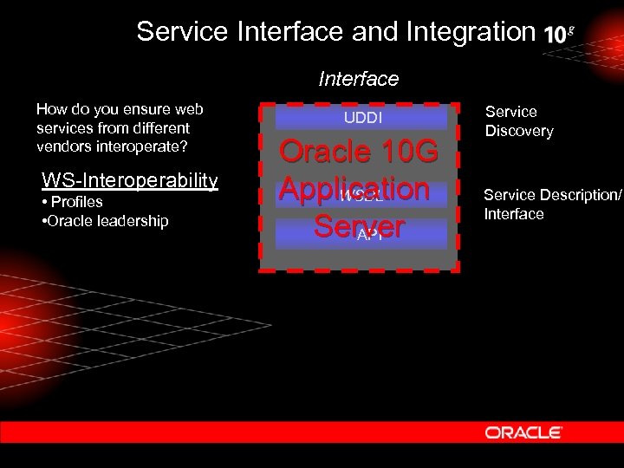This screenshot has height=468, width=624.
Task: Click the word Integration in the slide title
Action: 465,32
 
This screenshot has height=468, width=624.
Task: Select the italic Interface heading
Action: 359,79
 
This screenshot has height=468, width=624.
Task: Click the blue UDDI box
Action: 361,117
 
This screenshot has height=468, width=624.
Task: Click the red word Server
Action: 359,226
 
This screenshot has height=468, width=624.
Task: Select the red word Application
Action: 354,189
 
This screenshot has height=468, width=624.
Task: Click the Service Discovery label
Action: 518,121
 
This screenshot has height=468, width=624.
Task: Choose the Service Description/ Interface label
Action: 552,205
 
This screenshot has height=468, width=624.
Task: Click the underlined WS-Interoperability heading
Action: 130,180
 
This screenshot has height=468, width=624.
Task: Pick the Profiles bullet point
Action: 73,202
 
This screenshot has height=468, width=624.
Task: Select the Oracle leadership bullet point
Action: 105,221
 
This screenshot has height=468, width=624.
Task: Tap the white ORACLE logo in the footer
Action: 523,432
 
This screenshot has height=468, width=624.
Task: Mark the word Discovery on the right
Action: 518,131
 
